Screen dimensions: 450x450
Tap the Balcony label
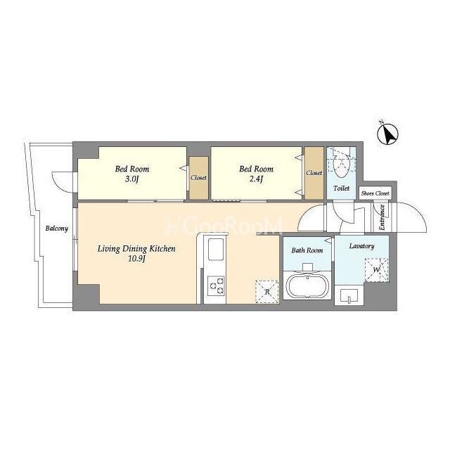point(57,229)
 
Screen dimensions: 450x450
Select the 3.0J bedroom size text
point(132,179)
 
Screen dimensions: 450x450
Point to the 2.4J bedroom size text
point(256,179)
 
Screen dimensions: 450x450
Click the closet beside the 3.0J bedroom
point(198,178)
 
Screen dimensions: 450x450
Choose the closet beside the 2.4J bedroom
point(314,173)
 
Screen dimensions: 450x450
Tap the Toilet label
point(341,188)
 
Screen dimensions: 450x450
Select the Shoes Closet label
point(375,193)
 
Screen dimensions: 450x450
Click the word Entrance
point(382,217)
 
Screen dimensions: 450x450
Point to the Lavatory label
point(361,246)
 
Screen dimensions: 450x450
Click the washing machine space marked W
point(377,270)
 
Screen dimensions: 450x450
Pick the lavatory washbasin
point(349,295)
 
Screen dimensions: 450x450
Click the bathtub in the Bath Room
point(307,285)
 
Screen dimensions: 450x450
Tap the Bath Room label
point(307,250)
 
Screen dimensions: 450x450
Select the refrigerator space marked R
point(267,292)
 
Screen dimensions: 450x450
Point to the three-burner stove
point(216,286)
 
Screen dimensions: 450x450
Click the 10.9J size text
point(136,259)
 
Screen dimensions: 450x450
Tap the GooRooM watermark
point(224,226)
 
